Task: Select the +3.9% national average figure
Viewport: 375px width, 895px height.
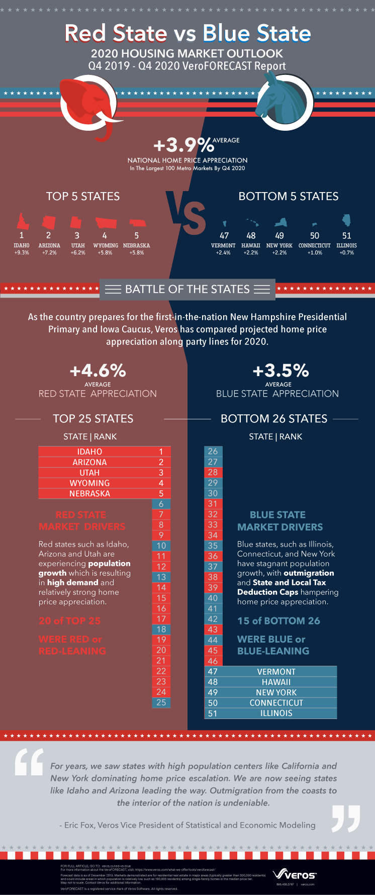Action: tap(183, 145)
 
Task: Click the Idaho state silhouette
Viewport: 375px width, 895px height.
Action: tap(22, 221)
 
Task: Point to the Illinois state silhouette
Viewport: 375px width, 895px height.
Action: tap(346, 220)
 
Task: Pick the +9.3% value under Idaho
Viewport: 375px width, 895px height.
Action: tap(22, 252)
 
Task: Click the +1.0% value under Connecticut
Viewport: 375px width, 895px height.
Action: tap(315, 252)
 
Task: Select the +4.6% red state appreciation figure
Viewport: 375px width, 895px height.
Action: tap(98, 371)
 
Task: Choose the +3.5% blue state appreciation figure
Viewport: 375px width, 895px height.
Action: tap(280, 371)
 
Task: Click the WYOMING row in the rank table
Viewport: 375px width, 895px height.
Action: tap(90, 483)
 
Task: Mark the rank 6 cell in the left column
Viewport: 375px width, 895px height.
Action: tap(161, 504)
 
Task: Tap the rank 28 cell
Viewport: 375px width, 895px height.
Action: tap(213, 472)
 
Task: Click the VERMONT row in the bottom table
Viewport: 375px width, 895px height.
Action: tap(276, 672)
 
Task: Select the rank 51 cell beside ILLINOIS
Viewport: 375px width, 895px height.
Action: tap(213, 713)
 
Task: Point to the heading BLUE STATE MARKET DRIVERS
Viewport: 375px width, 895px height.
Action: tap(279, 521)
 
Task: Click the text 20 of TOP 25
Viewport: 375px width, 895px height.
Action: tap(70, 621)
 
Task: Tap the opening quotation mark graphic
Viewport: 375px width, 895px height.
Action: tap(29, 762)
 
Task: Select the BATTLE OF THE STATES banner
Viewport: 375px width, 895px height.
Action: tap(187, 289)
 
